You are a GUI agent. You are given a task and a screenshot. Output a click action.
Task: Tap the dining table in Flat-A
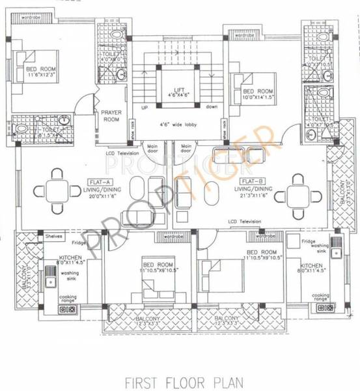pyautogui.click(x=57, y=192)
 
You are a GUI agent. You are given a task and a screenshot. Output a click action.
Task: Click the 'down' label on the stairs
pyautogui.click(x=212, y=106)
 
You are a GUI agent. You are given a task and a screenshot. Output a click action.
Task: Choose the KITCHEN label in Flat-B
pyautogui.click(x=311, y=266)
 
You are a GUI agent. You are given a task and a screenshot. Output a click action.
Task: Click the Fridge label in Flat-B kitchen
pyautogui.click(x=309, y=242)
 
